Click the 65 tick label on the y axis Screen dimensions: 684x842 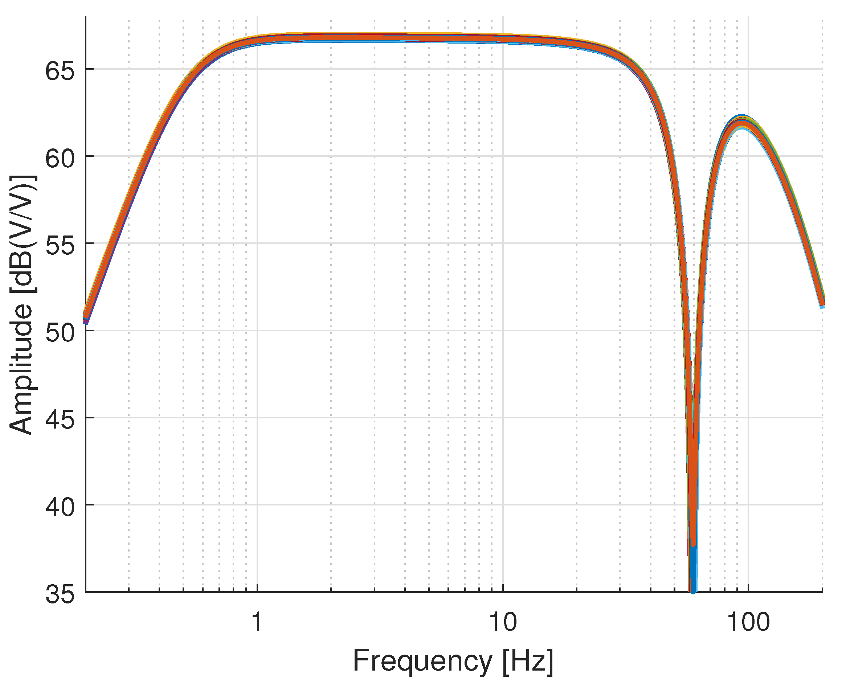60,72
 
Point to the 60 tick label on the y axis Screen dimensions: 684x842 60,159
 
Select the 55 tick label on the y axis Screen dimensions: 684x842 60,246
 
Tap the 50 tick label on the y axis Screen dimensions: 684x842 60,333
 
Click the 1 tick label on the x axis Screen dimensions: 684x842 257,623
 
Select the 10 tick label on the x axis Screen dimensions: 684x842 503,623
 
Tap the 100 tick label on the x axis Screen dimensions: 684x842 748,623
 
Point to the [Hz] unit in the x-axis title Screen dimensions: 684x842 528,661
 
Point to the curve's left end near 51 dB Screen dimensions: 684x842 86,318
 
